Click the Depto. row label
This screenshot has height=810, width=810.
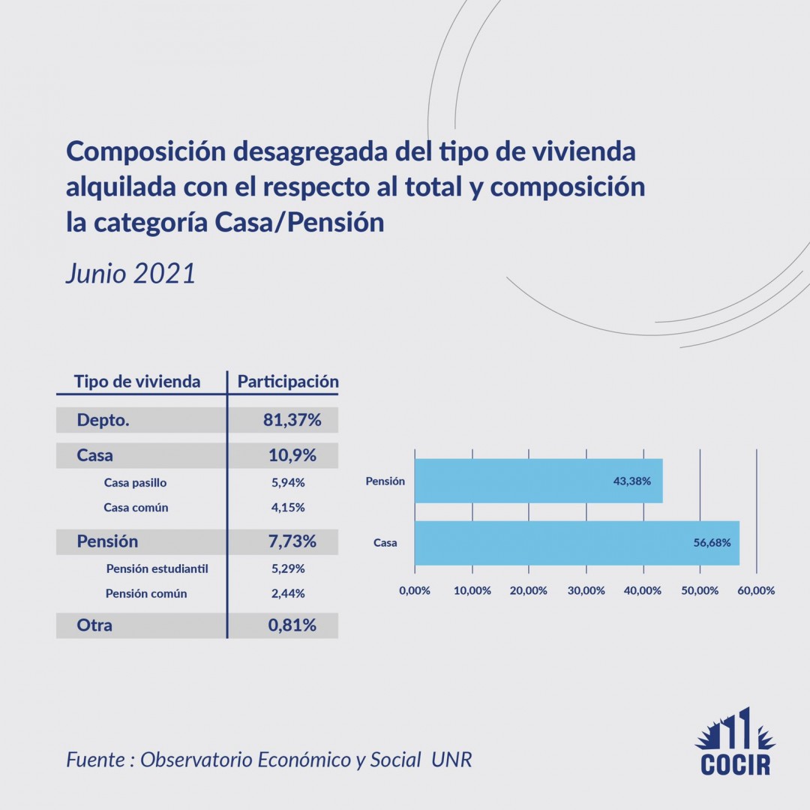tap(103, 421)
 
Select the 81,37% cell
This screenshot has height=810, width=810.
tap(292, 421)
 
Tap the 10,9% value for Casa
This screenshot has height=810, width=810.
tap(292, 455)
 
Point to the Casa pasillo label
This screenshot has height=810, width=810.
tap(135, 483)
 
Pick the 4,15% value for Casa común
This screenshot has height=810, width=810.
tap(288, 508)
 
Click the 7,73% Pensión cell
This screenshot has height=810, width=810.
tap(292, 541)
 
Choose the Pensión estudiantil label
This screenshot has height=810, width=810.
tap(157, 568)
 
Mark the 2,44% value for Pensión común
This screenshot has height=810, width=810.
tap(288, 593)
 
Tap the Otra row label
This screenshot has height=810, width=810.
tap(94, 625)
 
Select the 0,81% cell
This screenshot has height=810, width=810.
tap(292, 625)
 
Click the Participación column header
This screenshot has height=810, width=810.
tap(288, 382)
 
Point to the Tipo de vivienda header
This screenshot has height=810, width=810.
tap(137, 382)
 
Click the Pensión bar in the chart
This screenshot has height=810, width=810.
tap(538, 481)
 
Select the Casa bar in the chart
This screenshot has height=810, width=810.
tap(577, 542)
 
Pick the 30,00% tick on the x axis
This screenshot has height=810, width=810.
tap(586, 590)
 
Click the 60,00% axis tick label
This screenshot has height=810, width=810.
tap(756, 590)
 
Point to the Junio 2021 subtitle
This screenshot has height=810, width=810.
tap(130, 273)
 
